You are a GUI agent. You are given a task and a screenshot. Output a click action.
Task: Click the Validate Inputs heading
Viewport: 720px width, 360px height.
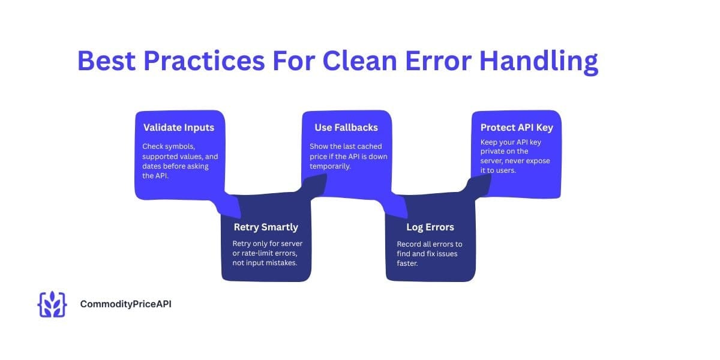(179, 127)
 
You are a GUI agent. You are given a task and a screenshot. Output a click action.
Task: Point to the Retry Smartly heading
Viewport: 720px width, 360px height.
(266, 227)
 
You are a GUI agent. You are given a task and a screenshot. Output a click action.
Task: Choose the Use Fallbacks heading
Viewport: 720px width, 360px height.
(346, 127)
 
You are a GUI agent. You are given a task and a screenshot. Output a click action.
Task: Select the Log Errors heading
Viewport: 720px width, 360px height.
(430, 227)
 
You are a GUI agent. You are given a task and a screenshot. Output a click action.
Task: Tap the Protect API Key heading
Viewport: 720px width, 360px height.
(517, 127)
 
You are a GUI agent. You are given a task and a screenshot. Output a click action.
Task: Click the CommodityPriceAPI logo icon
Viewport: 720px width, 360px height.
(52, 304)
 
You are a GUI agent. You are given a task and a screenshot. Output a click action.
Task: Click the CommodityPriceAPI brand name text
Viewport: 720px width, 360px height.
(126, 304)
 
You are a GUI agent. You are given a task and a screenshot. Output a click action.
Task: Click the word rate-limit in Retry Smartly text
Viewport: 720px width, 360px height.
(259, 254)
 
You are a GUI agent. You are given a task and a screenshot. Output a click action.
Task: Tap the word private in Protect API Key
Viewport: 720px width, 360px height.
(493, 152)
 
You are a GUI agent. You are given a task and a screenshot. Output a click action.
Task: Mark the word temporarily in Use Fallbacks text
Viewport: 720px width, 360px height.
(331, 166)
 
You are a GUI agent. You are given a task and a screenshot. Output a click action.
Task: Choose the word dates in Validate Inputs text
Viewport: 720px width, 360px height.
(154, 166)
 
